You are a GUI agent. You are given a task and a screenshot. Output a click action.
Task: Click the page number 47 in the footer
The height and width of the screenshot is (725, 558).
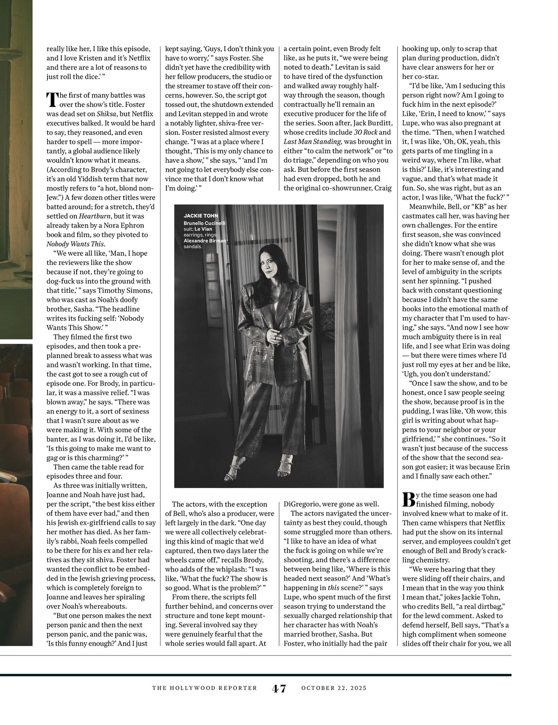point(279,688)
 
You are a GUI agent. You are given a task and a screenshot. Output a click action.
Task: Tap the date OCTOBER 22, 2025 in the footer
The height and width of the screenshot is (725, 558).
point(334,688)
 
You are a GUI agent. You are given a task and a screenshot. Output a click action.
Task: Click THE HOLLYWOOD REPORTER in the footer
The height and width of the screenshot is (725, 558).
point(205,688)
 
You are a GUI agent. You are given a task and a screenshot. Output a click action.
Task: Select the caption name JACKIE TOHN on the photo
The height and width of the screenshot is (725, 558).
point(201,216)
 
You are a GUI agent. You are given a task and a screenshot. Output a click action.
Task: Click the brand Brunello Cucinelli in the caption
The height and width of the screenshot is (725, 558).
point(205,224)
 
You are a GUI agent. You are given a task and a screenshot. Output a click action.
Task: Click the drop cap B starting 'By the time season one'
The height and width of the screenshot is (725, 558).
point(408,499)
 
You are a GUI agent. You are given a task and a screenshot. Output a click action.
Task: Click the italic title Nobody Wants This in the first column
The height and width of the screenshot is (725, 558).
point(76,244)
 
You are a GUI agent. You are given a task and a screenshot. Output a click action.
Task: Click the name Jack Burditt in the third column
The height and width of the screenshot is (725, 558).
point(371,123)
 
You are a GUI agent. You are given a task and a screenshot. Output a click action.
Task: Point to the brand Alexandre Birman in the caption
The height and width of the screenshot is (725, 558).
point(205,241)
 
